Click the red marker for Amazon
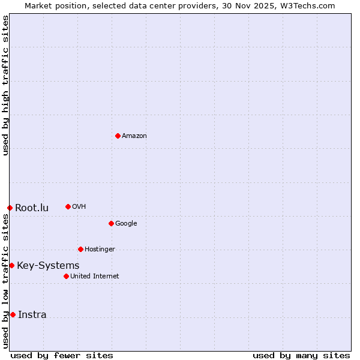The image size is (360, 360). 118,136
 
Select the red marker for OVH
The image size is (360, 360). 68,206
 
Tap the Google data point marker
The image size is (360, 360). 111,223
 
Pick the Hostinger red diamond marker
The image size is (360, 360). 80,249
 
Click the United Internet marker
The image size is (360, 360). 66,276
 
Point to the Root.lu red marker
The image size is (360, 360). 10,208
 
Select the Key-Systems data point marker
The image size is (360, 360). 11,265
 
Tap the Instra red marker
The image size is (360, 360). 13,314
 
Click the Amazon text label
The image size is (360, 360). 134,136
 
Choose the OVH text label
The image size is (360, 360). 79,207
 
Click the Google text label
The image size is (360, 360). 126,224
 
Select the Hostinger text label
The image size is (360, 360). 100,250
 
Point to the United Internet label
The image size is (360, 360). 95,277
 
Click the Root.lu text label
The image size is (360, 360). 32,208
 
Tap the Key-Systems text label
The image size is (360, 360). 48,266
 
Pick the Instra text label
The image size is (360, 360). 32,315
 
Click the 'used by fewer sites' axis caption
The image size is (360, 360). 62,355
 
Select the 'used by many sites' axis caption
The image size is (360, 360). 301,355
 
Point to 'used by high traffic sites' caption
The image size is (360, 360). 5,85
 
